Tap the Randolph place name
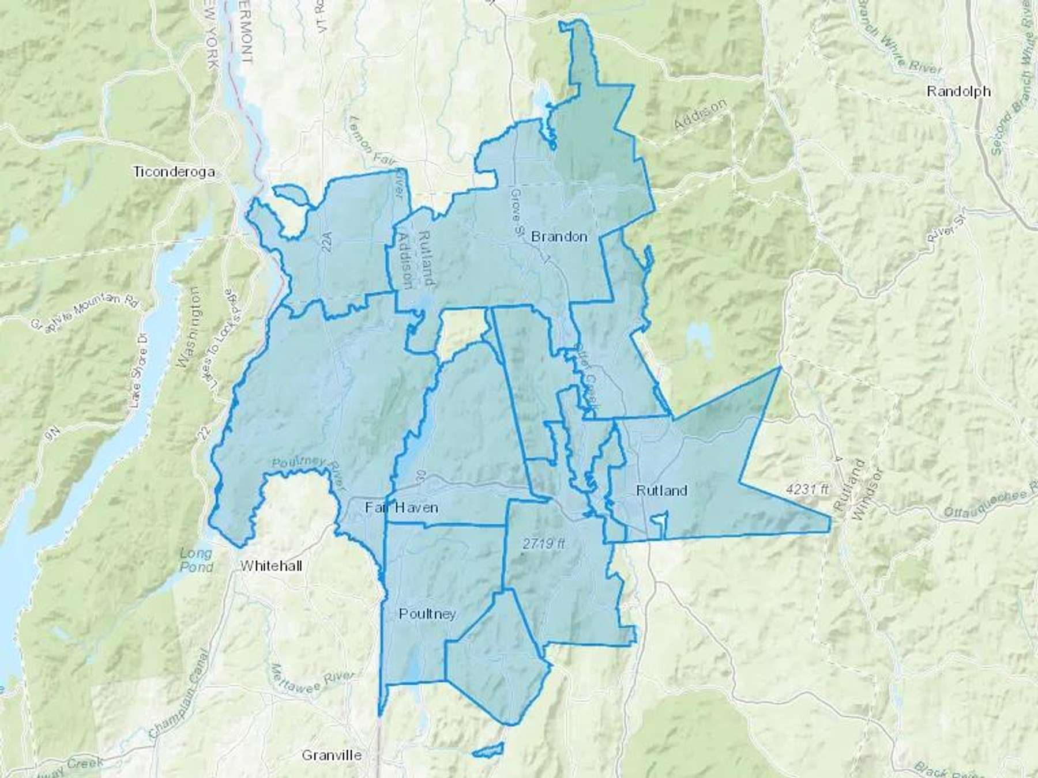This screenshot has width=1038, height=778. pyautogui.click(x=958, y=91)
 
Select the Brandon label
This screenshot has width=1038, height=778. pyautogui.click(x=559, y=236)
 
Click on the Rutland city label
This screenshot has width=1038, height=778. pyautogui.click(x=661, y=490)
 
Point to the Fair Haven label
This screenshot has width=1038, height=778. pyautogui.click(x=402, y=508)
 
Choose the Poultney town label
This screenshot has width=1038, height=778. pyautogui.click(x=427, y=614)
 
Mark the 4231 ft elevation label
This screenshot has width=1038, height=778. pyautogui.click(x=807, y=490)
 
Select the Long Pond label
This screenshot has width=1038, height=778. pyautogui.click(x=195, y=560)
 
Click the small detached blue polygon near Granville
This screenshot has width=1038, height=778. pyautogui.click(x=488, y=750)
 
